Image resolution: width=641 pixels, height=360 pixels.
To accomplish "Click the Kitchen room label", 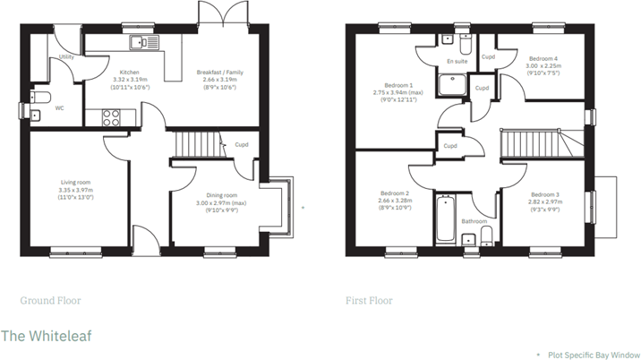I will tap(122, 72).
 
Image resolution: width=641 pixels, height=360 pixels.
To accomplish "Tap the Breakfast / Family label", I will tap(219, 72).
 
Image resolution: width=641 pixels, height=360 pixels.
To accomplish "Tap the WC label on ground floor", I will tap(59, 108).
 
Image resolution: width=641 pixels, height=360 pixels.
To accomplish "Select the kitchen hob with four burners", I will tap(114, 116).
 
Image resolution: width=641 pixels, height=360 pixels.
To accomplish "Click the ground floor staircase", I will tap(196, 142).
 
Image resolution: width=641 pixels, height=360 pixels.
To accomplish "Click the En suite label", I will tap(457, 61).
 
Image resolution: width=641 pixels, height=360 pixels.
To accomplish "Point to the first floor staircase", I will tap(528, 141).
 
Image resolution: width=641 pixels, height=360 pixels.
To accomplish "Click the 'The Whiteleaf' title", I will tap(45, 335).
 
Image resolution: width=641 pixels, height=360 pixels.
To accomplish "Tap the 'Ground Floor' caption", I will tap(50, 301).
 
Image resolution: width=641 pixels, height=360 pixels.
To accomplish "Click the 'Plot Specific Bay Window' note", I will tap(593, 355).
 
